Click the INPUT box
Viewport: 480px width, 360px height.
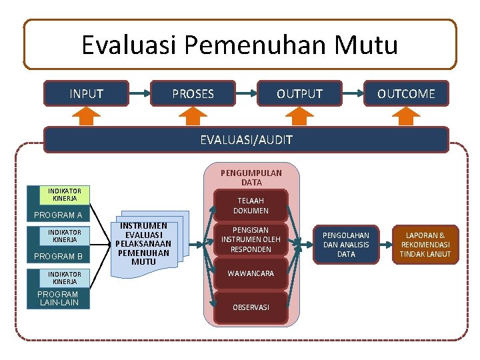click(87, 93)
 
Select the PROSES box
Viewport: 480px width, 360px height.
click(193, 93)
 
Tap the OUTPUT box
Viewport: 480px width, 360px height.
click(299, 93)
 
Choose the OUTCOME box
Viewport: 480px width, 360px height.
click(406, 93)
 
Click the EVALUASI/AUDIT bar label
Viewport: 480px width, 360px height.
click(246, 140)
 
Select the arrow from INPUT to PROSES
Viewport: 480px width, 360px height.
click(139, 93)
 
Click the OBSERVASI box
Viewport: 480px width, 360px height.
click(251, 307)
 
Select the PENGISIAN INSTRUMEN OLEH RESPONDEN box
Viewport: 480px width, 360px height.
click(251, 239)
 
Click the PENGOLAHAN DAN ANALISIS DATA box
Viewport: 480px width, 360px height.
click(346, 245)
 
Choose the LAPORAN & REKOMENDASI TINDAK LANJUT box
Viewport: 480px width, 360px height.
click(425, 245)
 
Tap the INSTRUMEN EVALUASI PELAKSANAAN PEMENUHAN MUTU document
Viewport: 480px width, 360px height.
click(144, 244)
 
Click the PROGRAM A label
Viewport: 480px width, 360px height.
click(58, 215)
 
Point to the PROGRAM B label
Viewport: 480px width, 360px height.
click(58, 257)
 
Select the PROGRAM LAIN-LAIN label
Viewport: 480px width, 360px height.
click(58, 298)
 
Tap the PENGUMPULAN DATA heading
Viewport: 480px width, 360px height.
click(251, 177)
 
